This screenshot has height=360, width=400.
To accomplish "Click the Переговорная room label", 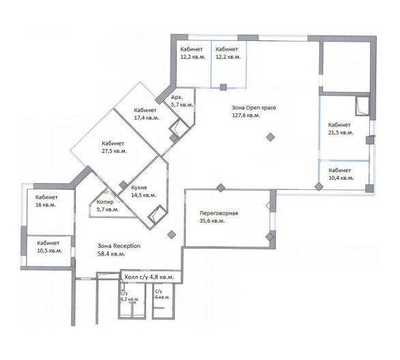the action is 218,213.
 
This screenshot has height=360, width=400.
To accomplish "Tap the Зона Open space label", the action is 254,108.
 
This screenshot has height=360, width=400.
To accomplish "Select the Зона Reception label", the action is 119,246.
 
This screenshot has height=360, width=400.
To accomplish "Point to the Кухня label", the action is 139,188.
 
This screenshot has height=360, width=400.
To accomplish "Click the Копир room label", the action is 105,202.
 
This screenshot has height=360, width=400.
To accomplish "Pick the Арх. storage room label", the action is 177,97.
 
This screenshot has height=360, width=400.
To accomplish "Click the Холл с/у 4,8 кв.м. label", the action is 149,277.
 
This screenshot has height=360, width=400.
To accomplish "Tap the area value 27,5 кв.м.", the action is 114,151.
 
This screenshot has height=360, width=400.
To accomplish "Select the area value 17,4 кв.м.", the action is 147,118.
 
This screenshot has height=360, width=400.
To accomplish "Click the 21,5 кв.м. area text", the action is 341,133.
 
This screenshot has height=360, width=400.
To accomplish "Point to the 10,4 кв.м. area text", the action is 341,178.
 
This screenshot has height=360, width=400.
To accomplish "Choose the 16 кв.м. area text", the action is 46,205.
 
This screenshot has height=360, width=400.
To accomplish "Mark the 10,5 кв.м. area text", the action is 50,251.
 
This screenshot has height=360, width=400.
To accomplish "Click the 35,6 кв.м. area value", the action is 212,221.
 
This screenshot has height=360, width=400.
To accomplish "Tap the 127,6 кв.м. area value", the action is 246,115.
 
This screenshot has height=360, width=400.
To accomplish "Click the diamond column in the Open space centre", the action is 271,137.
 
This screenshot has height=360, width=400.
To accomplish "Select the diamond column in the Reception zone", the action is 171,234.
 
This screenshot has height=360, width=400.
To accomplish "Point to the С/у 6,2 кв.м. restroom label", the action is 130,296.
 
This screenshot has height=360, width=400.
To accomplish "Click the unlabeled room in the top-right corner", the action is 346,67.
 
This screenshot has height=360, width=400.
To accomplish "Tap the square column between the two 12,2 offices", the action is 223,87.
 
